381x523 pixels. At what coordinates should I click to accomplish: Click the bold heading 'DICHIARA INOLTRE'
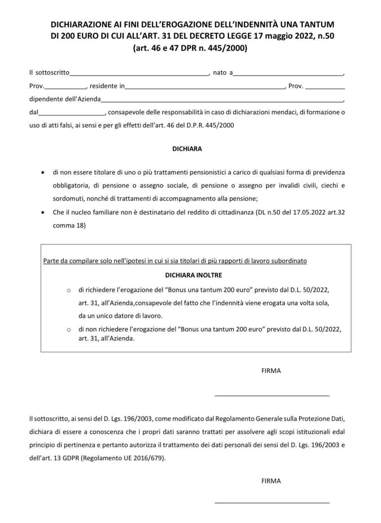[194, 275]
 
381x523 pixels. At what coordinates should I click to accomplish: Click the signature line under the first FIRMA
[272, 395]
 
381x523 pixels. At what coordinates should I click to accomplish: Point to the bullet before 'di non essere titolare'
[42, 173]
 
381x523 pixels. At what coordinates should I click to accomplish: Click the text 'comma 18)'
[69, 225]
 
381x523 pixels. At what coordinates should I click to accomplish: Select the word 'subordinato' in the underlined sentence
[290, 261]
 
